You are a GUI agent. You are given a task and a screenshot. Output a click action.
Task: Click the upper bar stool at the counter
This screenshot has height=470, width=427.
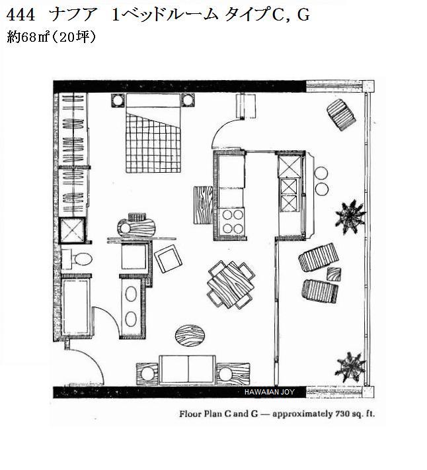[x=321, y=173]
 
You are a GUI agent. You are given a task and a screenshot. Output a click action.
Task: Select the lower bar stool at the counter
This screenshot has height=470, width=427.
[x=321, y=189]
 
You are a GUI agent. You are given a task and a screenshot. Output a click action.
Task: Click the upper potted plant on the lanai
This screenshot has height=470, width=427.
[x=350, y=214]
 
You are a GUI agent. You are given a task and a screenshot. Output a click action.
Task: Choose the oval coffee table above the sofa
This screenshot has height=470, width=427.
[x=192, y=335]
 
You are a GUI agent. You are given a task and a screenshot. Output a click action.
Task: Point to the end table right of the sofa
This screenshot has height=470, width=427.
[x=229, y=373]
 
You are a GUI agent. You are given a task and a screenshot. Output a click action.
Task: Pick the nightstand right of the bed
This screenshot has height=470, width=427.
[x=188, y=101]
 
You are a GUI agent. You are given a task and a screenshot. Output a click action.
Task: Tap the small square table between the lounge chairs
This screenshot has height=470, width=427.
[x=334, y=273]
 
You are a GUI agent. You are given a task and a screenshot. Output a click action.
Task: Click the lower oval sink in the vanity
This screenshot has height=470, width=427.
[x=132, y=317]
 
